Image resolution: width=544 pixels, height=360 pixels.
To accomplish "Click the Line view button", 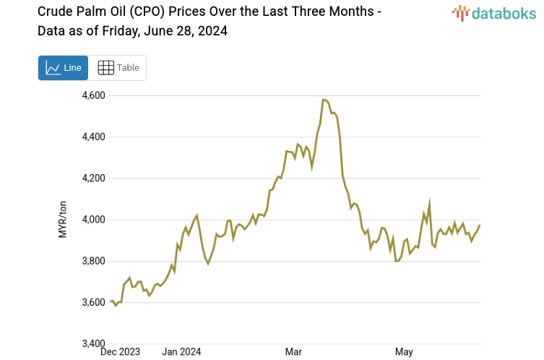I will point(63,68).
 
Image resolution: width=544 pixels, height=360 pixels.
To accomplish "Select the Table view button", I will point(118,68).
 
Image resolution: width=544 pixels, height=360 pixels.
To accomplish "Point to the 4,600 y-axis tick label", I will point(92,95).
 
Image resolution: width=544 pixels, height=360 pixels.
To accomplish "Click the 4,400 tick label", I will point(92,137).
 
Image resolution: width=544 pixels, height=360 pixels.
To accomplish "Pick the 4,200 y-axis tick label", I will point(92,178).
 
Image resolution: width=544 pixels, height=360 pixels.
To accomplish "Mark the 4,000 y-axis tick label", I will point(92,219).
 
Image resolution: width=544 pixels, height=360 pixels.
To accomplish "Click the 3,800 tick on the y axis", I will point(92,260).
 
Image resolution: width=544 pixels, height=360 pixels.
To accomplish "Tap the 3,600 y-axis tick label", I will point(92,301).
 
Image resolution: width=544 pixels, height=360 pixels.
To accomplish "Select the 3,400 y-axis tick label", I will point(92,343).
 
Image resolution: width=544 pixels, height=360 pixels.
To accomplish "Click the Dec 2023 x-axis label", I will point(120,352).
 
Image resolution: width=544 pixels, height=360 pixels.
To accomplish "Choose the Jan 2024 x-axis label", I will point(181,352).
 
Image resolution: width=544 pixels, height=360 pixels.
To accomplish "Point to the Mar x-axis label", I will point(293,352).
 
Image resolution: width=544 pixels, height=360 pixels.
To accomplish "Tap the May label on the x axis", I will point(404,352).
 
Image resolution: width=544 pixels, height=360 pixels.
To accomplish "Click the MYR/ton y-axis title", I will point(63,220).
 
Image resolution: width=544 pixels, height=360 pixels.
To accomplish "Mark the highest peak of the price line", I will point(324,100).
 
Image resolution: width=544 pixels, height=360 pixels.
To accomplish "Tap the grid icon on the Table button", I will point(105,68).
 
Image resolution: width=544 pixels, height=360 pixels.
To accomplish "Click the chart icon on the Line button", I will point(53,68).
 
